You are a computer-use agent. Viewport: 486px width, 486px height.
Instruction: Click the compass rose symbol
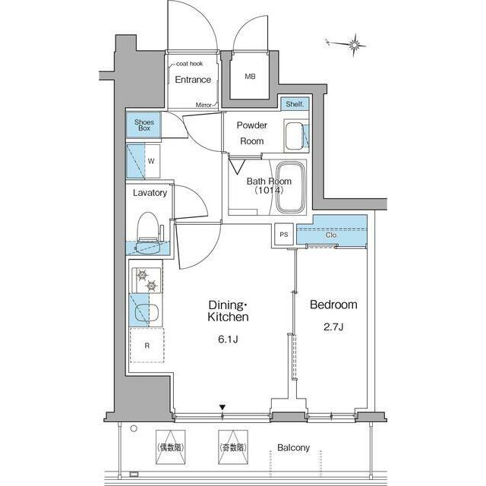355,46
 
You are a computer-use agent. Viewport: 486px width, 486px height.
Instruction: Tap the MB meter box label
250,76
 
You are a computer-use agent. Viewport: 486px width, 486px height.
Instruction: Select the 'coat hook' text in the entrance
189,64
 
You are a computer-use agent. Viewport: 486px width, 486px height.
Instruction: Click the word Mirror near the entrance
204,105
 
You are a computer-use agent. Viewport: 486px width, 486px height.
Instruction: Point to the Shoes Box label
144,125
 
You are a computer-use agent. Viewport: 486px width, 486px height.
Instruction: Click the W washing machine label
151,161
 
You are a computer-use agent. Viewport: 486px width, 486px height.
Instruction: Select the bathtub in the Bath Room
290,188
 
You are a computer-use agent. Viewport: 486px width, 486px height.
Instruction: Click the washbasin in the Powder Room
294,136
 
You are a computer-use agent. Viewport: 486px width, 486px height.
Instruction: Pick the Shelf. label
295,104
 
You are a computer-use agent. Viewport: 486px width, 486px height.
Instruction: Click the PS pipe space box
284,235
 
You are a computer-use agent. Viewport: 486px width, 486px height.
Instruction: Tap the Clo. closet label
332,235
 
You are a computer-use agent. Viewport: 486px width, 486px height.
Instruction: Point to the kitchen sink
147,311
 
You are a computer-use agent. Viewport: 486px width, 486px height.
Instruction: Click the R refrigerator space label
147,346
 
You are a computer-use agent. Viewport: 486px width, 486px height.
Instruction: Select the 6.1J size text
228,339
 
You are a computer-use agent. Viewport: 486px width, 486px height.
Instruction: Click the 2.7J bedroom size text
333,327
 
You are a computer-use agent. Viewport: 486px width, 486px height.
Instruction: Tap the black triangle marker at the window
222,407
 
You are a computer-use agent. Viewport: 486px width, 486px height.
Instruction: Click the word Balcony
293,447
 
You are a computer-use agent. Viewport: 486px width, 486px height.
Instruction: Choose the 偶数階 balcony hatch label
171,447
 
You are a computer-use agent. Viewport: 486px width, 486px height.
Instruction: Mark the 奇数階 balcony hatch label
233,447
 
